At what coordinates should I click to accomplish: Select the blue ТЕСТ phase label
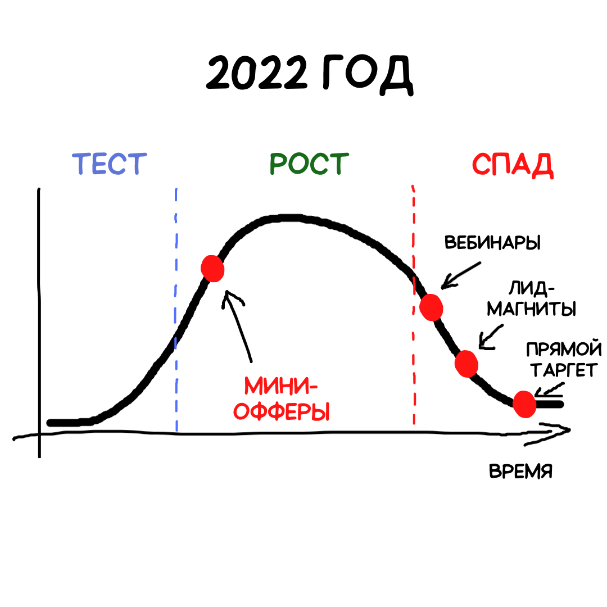pyautogui.click(x=110, y=164)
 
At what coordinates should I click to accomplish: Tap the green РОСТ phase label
pyautogui.click(x=309, y=164)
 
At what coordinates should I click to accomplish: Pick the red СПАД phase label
pyautogui.click(x=513, y=164)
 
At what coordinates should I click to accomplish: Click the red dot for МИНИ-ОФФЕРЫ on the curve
pyautogui.click(x=213, y=269)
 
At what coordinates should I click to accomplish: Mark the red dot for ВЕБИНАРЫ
pyautogui.click(x=432, y=307)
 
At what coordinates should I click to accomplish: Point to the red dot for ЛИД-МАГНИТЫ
pyautogui.click(x=466, y=364)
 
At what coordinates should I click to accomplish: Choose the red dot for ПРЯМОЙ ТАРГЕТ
pyautogui.click(x=524, y=404)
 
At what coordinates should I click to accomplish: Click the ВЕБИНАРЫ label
pyautogui.click(x=492, y=243)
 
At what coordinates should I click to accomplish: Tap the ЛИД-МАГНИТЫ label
pyautogui.click(x=531, y=300)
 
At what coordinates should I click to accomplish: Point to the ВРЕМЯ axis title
pyautogui.click(x=520, y=472)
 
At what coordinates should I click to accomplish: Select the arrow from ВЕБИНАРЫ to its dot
pyautogui.click(x=461, y=275)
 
